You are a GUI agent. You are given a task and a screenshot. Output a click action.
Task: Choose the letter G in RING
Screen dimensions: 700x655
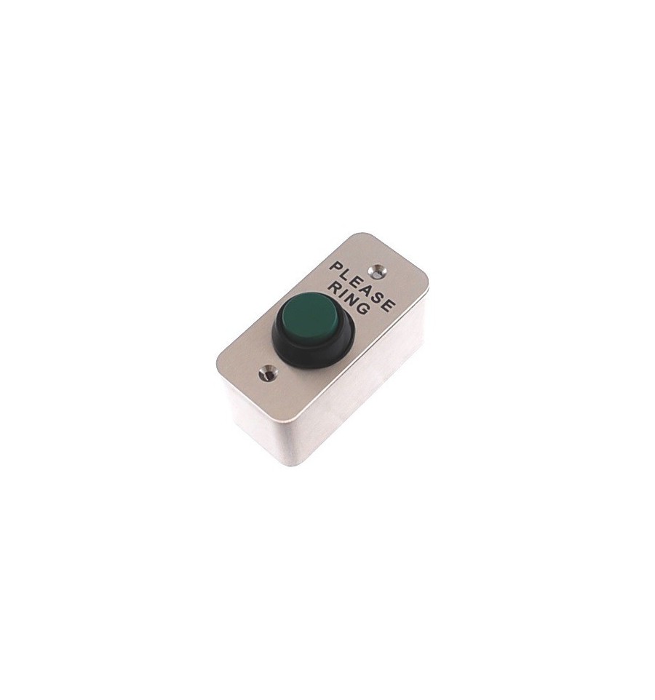(x=365, y=306)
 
